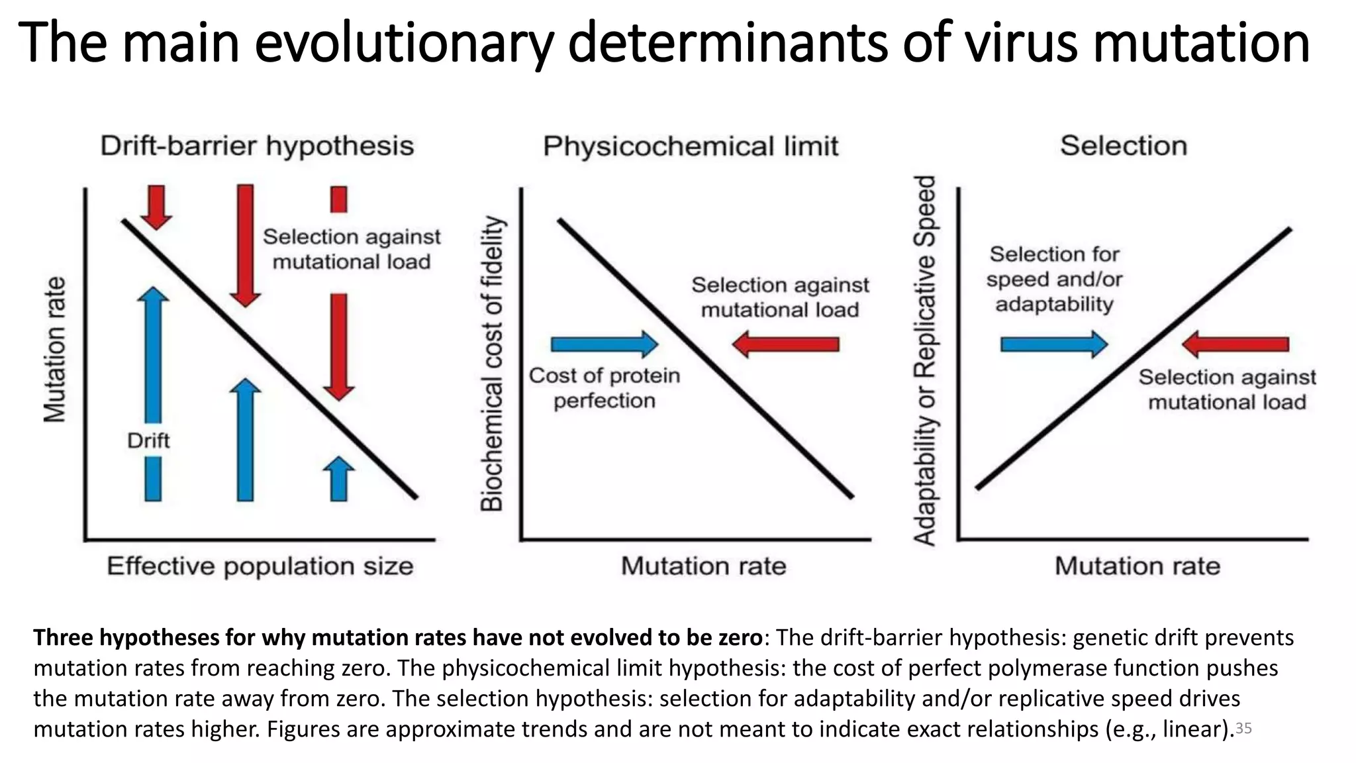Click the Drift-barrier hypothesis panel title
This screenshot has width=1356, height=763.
coord(257,146)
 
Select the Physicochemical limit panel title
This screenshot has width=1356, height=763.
coord(691,146)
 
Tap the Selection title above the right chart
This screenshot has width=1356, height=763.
coord(1124,146)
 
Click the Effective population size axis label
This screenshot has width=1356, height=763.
coord(260,566)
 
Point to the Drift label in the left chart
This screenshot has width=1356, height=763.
coord(148,440)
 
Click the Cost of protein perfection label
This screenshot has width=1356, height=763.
coord(605,388)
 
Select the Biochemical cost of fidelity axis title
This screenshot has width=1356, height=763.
coord(492,364)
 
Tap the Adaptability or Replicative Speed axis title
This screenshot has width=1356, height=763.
coord(925,361)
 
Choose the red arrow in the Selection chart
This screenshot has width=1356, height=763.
coord(1235,344)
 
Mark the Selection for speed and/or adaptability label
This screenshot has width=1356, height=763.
coord(1054,279)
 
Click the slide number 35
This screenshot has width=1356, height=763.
coord(1243,729)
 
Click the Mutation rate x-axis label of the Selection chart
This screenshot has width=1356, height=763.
coord(1137,566)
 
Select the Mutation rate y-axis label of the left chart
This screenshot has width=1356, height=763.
coord(56,349)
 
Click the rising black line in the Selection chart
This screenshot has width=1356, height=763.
coord(1134,358)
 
